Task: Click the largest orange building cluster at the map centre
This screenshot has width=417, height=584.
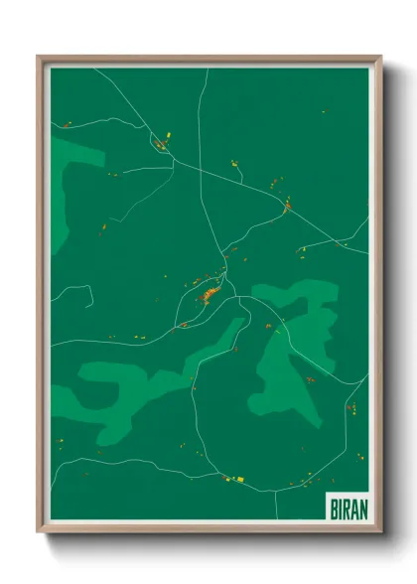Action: [208, 294]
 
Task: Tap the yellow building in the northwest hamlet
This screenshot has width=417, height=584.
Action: [167, 136]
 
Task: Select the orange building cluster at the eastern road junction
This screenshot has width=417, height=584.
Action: [287, 207]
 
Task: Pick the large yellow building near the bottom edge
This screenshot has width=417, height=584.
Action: [239, 479]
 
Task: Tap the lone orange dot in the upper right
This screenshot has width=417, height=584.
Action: [323, 112]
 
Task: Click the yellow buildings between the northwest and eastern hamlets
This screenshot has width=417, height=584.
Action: [234, 163]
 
